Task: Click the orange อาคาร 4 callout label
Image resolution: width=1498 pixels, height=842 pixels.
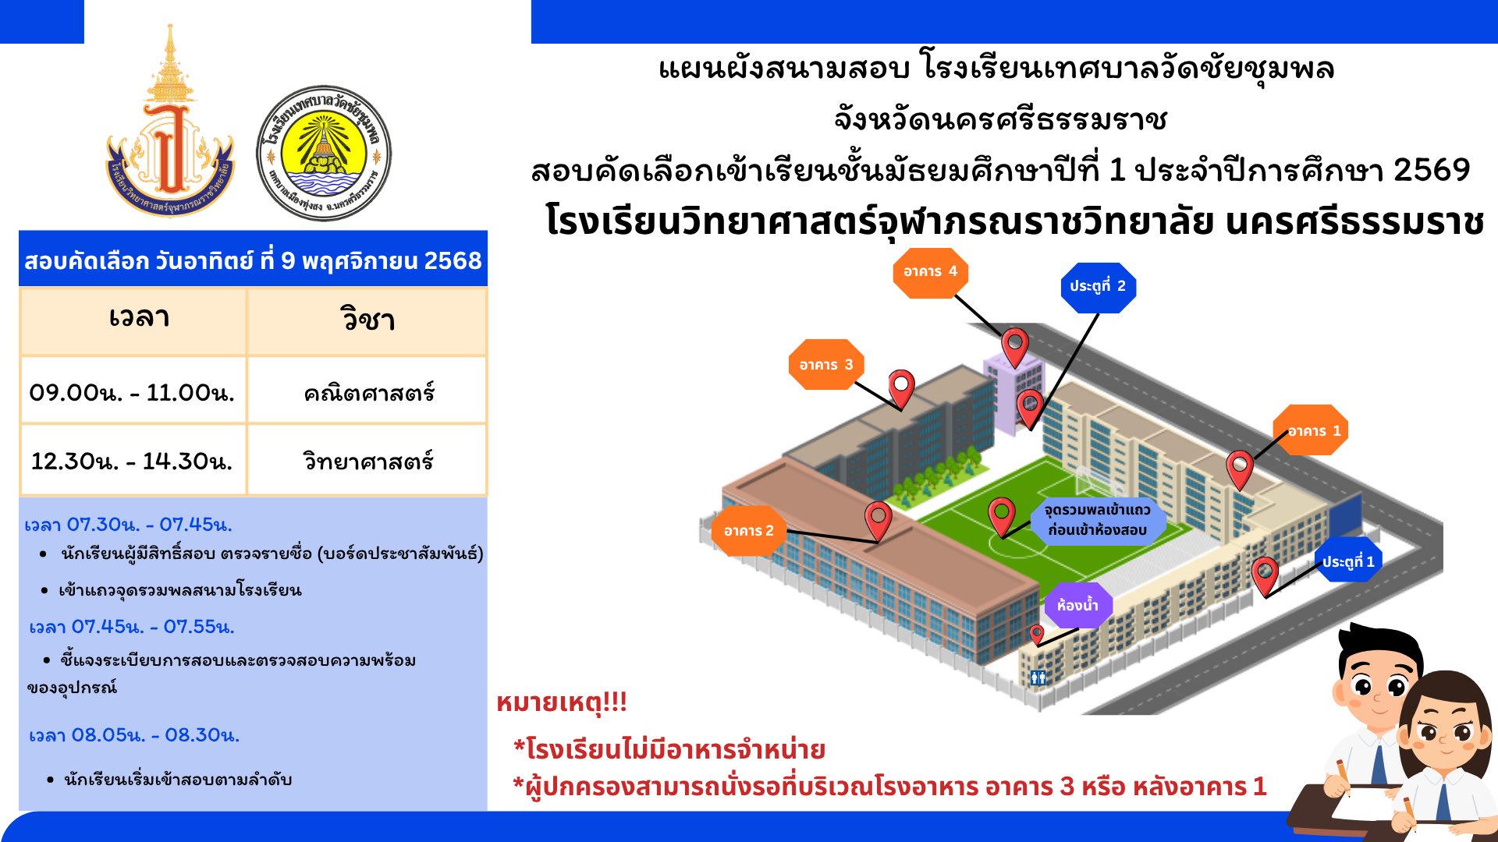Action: click(x=930, y=272)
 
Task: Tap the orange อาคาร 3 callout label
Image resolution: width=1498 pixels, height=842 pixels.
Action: click(x=826, y=364)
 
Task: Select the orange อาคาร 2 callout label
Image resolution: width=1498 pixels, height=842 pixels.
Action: click(x=749, y=531)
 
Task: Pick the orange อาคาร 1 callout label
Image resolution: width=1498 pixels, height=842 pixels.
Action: click(x=1311, y=430)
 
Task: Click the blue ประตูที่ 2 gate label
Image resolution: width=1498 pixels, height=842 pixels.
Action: click(x=1099, y=287)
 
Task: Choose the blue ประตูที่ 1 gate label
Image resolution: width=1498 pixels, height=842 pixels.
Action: click(x=1347, y=561)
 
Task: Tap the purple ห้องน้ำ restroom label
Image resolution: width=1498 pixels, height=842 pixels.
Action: click(x=1078, y=605)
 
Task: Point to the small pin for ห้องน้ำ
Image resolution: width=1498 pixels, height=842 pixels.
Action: click(x=1036, y=634)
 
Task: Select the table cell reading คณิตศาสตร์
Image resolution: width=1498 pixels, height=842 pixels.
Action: click(x=368, y=392)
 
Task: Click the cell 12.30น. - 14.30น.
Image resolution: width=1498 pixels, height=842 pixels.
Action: click(x=133, y=461)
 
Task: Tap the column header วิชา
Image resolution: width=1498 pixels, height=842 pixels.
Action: click(x=367, y=320)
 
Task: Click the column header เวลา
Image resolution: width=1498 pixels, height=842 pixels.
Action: click(x=139, y=318)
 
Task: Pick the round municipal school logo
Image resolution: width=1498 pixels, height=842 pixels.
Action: click(x=324, y=153)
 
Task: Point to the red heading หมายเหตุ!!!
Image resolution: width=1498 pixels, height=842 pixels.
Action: click(x=562, y=703)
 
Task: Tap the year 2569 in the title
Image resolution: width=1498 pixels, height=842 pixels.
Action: click(x=1432, y=170)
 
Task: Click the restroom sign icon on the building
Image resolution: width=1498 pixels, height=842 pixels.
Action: click(x=1038, y=677)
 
